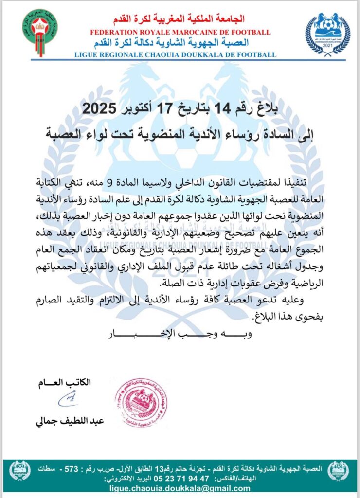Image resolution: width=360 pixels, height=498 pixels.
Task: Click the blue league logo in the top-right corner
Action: pyautogui.click(x=327, y=33)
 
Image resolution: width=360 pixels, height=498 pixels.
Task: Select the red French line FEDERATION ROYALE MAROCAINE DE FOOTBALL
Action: pyautogui.click(x=180, y=32)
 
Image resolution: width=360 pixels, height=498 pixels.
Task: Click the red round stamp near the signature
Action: pyautogui.click(x=141, y=402)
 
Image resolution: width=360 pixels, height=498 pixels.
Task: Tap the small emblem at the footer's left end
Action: pyautogui.click(x=20, y=471)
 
